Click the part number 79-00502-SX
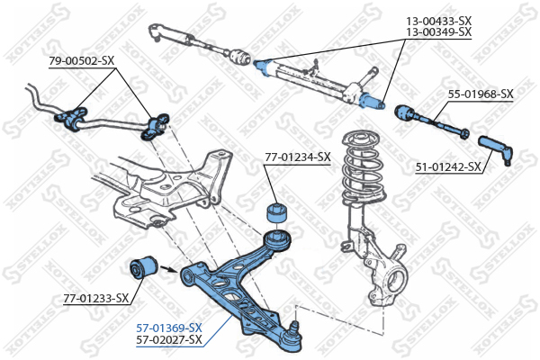point(82,60)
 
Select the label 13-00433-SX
point(438,19)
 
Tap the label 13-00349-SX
point(438,31)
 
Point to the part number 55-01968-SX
point(481,94)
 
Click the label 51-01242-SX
point(447,166)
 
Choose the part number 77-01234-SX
point(298,157)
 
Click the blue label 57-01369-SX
point(169,328)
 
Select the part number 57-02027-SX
point(169,340)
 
